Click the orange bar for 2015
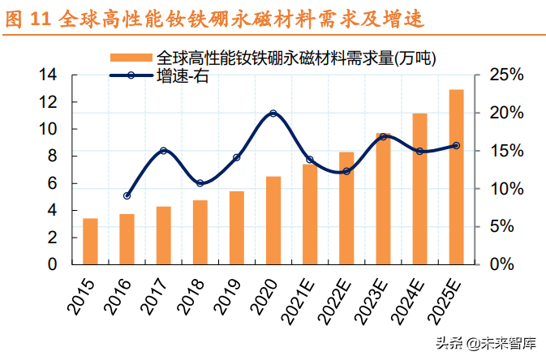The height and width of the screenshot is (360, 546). [x=90, y=242]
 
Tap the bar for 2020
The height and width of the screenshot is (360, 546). [x=273, y=220]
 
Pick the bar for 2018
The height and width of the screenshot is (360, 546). [x=200, y=232]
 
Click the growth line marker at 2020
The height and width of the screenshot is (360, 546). [x=273, y=114]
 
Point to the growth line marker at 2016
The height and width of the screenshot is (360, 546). [x=127, y=195]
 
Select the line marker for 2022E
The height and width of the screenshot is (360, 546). [x=346, y=171]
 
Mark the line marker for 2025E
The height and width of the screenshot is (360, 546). [x=456, y=146]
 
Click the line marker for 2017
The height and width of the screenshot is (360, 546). [x=163, y=151]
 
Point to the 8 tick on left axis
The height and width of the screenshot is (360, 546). [x=52, y=156]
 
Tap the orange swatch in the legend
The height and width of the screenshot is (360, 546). [x=131, y=58]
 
